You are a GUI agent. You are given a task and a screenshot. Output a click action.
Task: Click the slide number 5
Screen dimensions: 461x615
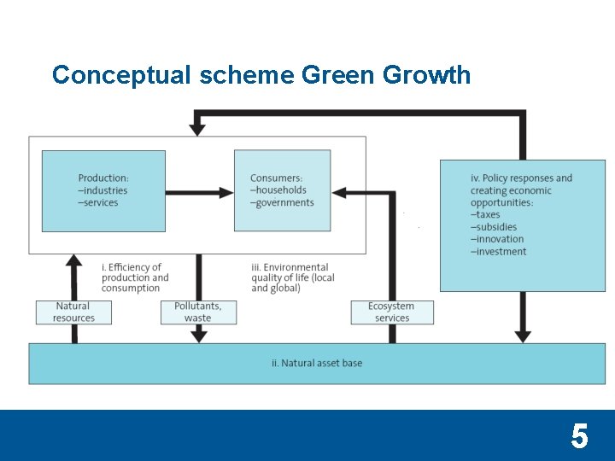pyautogui.click(x=579, y=437)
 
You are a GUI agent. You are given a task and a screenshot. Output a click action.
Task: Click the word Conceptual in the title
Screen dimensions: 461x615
pyautogui.click(x=121, y=75)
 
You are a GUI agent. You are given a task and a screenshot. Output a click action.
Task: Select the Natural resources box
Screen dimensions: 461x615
pyautogui.click(x=73, y=312)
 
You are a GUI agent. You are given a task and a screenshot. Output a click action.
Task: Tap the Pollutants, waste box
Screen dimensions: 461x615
pyautogui.click(x=197, y=312)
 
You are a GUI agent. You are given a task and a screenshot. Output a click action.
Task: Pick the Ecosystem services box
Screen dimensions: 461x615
pyautogui.click(x=391, y=312)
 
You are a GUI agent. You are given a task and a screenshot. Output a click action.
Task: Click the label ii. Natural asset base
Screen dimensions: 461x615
pyautogui.click(x=317, y=363)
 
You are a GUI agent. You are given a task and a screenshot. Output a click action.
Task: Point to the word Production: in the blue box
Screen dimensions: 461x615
pyautogui.click(x=103, y=178)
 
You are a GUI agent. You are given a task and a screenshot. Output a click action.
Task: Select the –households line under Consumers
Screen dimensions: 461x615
pyautogui.click(x=278, y=190)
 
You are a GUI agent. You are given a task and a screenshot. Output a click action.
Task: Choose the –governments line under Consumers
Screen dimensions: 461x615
pyautogui.click(x=282, y=202)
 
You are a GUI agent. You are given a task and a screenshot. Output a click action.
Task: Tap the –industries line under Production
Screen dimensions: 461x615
pyautogui.click(x=102, y=190)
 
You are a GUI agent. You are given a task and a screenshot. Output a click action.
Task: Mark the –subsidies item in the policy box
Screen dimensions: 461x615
pyautogui.click(x=494, y=227)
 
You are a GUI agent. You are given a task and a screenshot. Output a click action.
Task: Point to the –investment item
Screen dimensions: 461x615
pyautogui.click(x=498, y=251)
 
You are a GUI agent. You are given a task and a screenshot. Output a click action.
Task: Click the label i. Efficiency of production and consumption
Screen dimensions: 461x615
pyautogui.click(x=135, y=277)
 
